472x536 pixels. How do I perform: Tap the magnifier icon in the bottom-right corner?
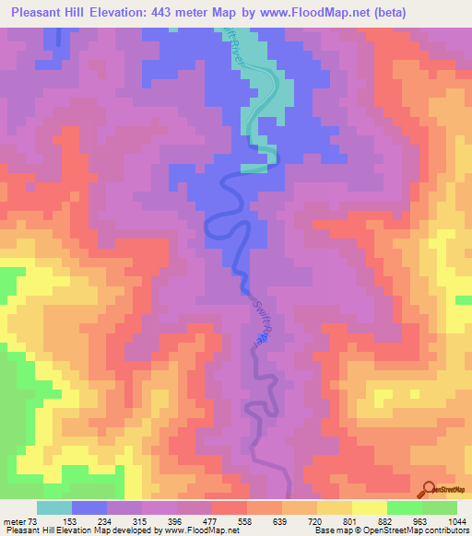tap(429, 490)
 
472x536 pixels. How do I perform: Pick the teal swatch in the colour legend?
tap(53, 507)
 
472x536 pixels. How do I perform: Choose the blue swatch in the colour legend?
tap(89, 507)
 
